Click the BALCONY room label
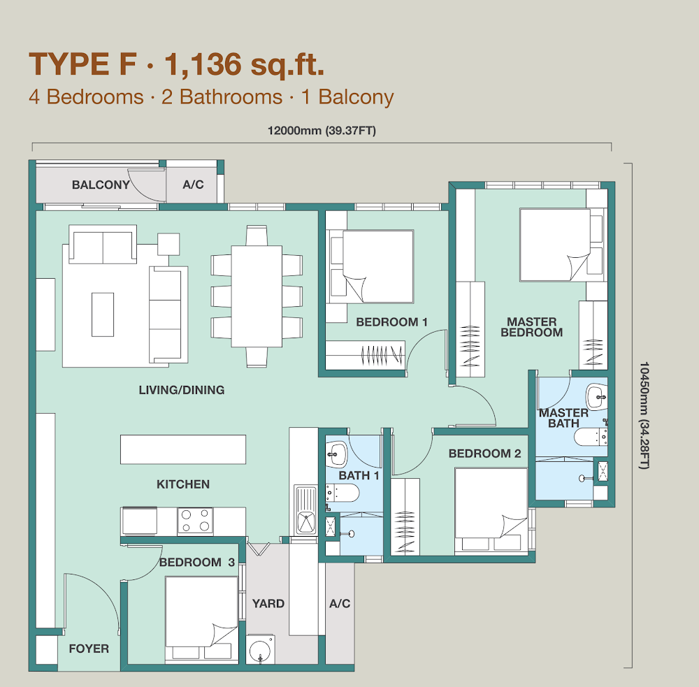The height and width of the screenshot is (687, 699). coord(101,185)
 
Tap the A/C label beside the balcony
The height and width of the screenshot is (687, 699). coord(193,185)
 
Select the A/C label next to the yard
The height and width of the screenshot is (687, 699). coord(340,604)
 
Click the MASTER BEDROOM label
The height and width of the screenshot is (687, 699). coord(532,327)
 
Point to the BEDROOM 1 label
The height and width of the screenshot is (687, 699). coord(392,322)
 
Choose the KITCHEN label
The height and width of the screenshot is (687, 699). coord(183,484)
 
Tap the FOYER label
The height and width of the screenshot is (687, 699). coord(89,649)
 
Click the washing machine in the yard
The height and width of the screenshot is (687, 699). coord(260,649)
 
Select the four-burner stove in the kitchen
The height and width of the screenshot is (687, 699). coord(195,521)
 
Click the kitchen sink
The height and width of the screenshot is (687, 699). coord(306,510)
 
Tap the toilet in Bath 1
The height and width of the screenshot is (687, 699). coord(342,493)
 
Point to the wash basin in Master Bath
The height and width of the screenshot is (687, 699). coord(596,396)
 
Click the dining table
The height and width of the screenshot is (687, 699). coord(257,296)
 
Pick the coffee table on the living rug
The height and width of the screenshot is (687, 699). coord(103,314)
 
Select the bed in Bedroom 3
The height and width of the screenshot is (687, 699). coord(201,618)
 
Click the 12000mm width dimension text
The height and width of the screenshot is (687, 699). coord(322,131)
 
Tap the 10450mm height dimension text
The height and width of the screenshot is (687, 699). coord(644,416)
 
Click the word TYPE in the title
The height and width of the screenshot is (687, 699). coord(69,64)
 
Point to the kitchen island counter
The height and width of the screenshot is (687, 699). coord(182,449)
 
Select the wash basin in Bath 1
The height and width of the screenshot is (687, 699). coord(336,454)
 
